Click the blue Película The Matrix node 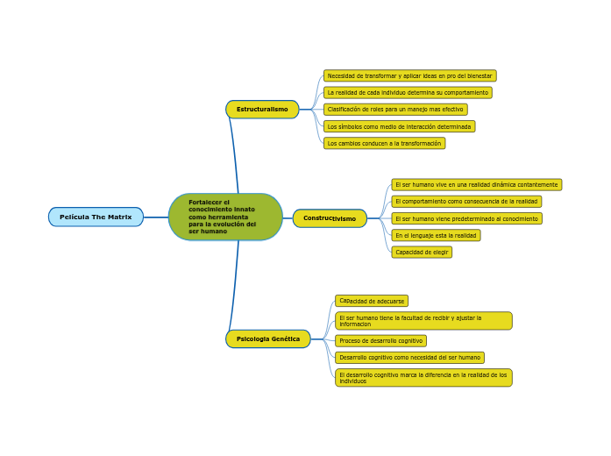point(96,217)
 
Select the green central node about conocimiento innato point(225,217)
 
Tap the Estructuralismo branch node point(262,110)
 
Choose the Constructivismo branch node point(330,218)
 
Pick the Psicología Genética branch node point(268,338)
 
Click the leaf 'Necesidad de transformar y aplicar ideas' point(409,76)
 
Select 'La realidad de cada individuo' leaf point(408,93)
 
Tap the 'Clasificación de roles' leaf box point(395,110)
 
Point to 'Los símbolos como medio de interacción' point(399,126)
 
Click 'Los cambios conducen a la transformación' point(384,143)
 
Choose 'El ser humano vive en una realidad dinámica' point(476,185)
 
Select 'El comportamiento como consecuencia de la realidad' point(466,202)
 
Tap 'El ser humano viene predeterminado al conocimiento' point(466,218)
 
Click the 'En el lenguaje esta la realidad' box point(436,235)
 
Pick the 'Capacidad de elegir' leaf point(422,252)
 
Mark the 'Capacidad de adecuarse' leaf point(372,301)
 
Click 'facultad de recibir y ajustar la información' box point(423,321)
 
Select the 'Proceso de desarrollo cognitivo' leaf point(380,340)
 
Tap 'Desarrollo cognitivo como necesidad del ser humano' point(409,358)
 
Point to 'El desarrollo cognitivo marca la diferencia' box point(423,378)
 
